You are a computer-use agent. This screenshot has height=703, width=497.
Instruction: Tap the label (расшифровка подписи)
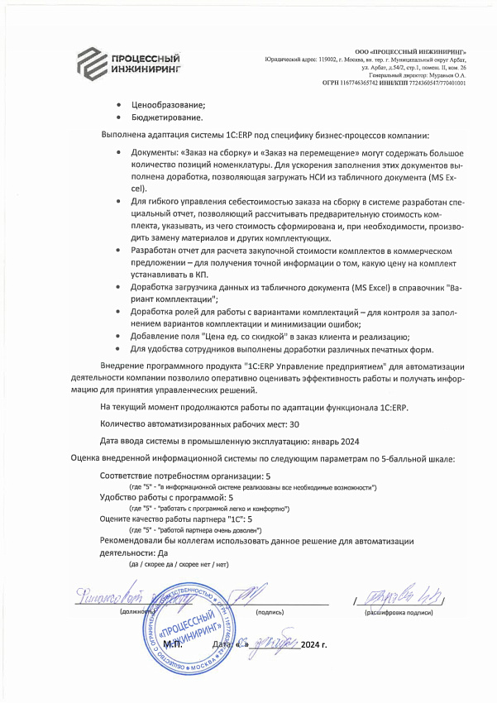(399, 612)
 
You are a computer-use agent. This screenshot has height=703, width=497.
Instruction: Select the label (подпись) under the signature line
(270, 612)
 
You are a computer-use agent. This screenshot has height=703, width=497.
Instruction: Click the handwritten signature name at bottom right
(398, 595)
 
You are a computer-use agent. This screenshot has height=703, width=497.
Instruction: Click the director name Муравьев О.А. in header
(443, 75)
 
